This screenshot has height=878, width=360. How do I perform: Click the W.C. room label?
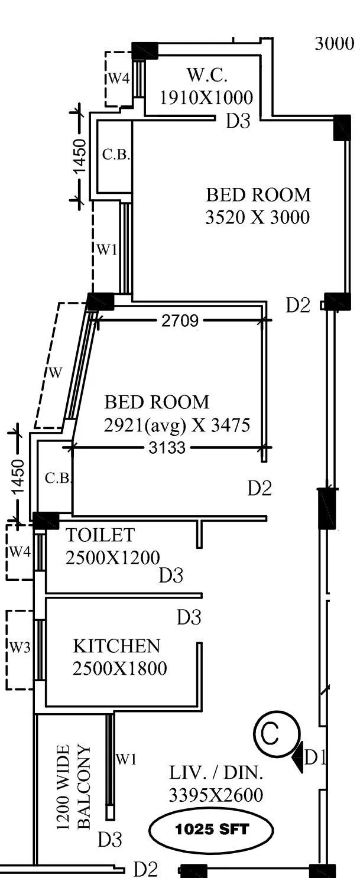207,76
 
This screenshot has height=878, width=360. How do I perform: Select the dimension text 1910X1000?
206,97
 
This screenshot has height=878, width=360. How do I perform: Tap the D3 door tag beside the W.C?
238,121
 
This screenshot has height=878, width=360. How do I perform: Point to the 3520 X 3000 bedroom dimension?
257,217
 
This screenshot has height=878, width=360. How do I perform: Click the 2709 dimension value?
180,321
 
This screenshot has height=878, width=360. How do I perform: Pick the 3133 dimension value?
167,448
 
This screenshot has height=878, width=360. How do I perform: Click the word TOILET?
100,535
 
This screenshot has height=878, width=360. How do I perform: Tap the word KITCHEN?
116,646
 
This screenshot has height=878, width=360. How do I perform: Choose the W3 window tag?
20,648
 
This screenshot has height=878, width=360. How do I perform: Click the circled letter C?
270,734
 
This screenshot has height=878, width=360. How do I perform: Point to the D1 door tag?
314,757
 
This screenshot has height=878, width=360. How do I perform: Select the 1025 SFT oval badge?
212,830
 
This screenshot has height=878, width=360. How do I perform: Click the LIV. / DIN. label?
216,773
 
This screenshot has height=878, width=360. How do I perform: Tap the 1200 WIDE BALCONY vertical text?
74,786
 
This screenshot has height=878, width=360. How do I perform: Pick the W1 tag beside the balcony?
126,759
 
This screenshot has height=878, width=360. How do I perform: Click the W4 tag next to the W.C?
118,78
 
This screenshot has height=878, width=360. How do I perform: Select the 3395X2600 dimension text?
216,795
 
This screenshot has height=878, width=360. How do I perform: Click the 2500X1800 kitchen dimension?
119,668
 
